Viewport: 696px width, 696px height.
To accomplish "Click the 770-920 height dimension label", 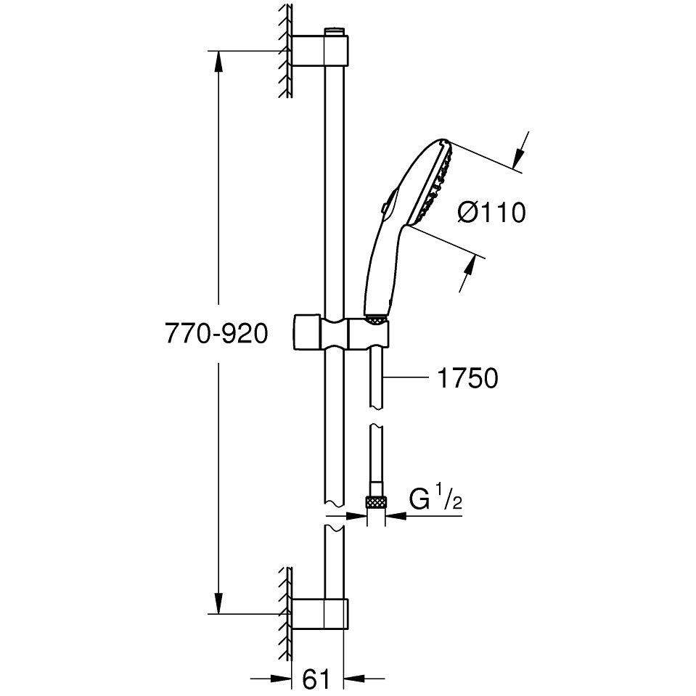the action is coord(216,333).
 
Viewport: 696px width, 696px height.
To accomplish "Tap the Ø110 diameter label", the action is coord(491,213).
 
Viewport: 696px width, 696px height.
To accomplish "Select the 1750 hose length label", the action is coord(468,378).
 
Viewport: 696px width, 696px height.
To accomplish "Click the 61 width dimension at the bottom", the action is coord(317,679).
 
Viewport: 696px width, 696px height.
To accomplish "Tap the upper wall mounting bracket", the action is coord(319,50).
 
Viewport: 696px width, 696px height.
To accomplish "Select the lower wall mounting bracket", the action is coord(319,614).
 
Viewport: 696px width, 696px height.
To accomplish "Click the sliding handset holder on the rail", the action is coord(341,333).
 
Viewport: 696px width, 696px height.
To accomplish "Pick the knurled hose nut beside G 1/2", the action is coord(375,504).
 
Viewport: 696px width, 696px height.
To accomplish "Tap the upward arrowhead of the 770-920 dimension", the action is coord(218,62).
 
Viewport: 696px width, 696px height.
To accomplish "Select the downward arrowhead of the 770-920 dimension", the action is coord(218,603).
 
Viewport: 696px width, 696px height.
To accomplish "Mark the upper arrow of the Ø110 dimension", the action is coord(521,150).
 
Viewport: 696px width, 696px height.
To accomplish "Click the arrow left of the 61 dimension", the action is coord(271,679).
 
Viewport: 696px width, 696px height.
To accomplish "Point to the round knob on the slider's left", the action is coord(306,333).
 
